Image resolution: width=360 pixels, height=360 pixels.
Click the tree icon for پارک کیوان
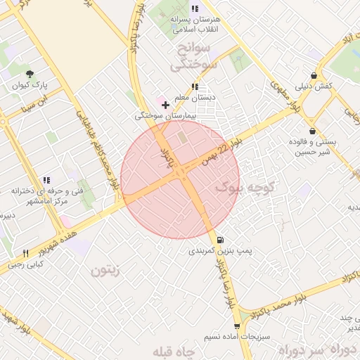[30, 74]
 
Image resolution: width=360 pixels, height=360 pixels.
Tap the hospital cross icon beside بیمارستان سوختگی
[165, 105]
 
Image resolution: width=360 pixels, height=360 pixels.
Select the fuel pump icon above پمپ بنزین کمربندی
[221, 240]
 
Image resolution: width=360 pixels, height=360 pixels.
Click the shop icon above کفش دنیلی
[313, 75]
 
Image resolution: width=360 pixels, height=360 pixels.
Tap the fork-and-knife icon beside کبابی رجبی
[26, 253]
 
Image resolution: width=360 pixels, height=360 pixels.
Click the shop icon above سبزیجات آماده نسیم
[237, 326]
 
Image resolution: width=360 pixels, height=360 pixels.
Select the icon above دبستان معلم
[195, 86]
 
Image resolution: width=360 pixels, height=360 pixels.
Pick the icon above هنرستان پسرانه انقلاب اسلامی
[195, 8]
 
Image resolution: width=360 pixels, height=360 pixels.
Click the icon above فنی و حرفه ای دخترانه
[46, 180]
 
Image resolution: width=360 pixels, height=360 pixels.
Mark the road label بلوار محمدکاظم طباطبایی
[101, 150]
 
